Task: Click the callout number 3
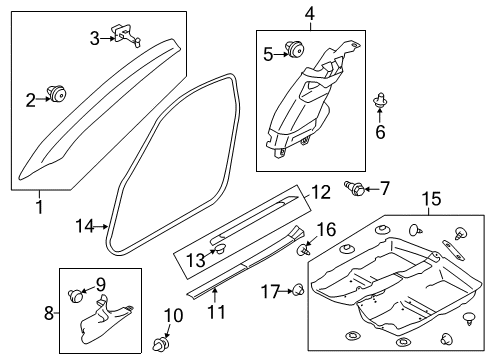(95, 39)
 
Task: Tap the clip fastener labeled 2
(56, 93)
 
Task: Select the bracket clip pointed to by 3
(127, 35)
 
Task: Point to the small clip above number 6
(380, 100)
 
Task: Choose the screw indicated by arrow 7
(355, 188)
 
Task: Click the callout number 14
(85, 226)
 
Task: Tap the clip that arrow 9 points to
(75, 295)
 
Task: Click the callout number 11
(217, 312)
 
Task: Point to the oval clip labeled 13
(220, 248)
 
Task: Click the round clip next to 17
(299, 290)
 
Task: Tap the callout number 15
(431, 199)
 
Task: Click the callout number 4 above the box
(309, 14)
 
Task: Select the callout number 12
(321, 192)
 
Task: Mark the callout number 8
(49, 313)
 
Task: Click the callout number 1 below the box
(40, 207)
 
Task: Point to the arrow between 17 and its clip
(286, 291)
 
